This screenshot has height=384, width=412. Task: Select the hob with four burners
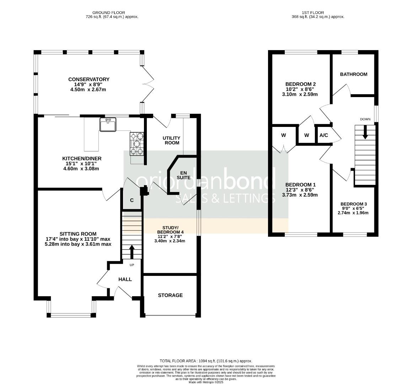tap(137, 144)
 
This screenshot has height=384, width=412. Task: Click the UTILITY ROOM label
tap(171, 140)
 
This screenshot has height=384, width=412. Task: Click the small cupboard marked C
tap(132, 200)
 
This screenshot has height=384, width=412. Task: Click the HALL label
tap(125, 279)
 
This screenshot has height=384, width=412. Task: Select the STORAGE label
tap(170, 295)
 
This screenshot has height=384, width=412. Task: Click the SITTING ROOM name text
tap(78, 234)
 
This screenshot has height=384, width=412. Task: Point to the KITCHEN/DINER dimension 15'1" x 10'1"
tap(80, 164)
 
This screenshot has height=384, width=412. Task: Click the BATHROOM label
tap(353, 74)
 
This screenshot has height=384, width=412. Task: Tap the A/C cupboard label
tap(323, 135)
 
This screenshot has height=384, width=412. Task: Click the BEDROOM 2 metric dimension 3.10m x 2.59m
tap(300, 94)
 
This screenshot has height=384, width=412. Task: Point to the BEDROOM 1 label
tap(300, 185)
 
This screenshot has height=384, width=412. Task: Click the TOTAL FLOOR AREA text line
tap(206, 361)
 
